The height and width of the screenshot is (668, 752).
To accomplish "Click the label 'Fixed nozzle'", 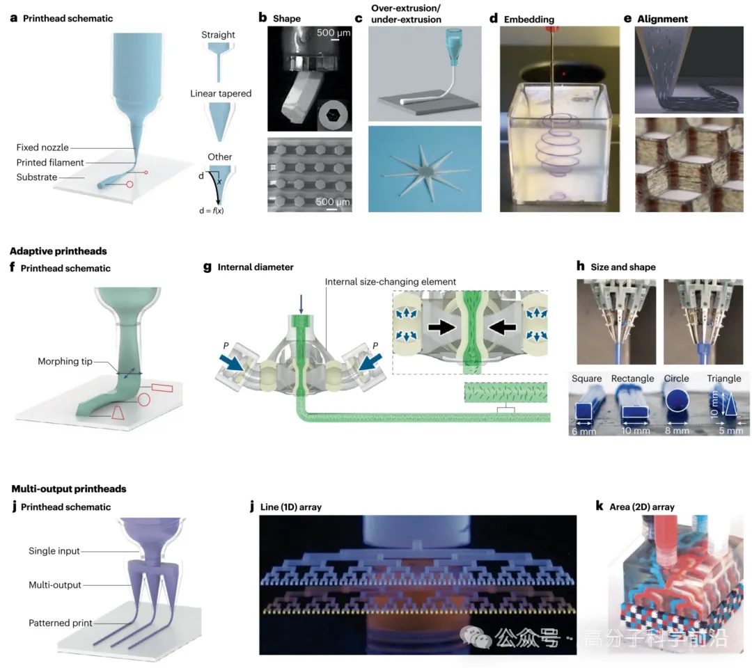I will point(42,148).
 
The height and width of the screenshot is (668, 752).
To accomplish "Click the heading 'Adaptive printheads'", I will point(58,251).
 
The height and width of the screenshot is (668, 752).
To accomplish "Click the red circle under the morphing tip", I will point(144,400).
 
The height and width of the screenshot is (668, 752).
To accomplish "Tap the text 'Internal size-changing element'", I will point(391,281).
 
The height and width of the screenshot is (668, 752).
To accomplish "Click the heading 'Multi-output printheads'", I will point(68,489).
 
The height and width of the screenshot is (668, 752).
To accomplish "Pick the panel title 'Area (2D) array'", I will point(641,507).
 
